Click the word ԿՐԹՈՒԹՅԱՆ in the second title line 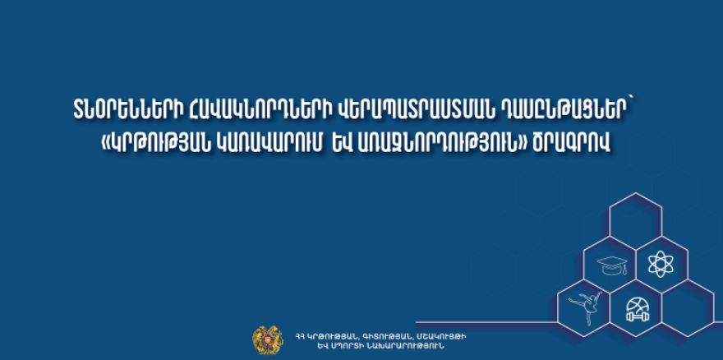(x=160, y=144)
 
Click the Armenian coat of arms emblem (x=268, y=340)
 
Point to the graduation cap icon (x=612, y=265)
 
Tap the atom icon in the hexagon (x=661, y=264)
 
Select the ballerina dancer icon (x=585, y=306)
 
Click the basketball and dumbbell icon (x=637, y=310)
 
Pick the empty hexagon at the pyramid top (x=635, y=215)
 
